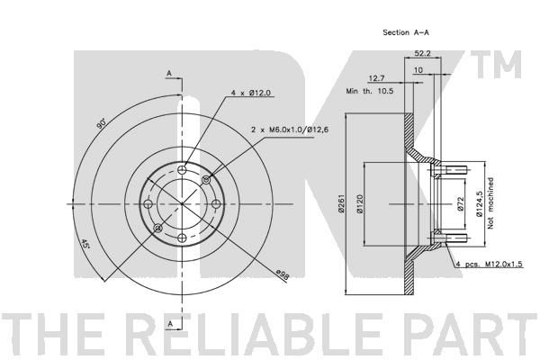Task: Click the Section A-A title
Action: (406, 32)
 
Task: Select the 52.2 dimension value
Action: (422, 53)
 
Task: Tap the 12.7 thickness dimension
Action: (376, 78)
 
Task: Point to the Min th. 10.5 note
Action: (370, 91)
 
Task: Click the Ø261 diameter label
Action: (342, 203)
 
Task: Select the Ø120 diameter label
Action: (360, 203)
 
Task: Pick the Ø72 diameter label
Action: (462, 204)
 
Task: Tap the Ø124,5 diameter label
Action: (480, 204)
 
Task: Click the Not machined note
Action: (490, 203)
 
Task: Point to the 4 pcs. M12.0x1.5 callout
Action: (490, 265)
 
